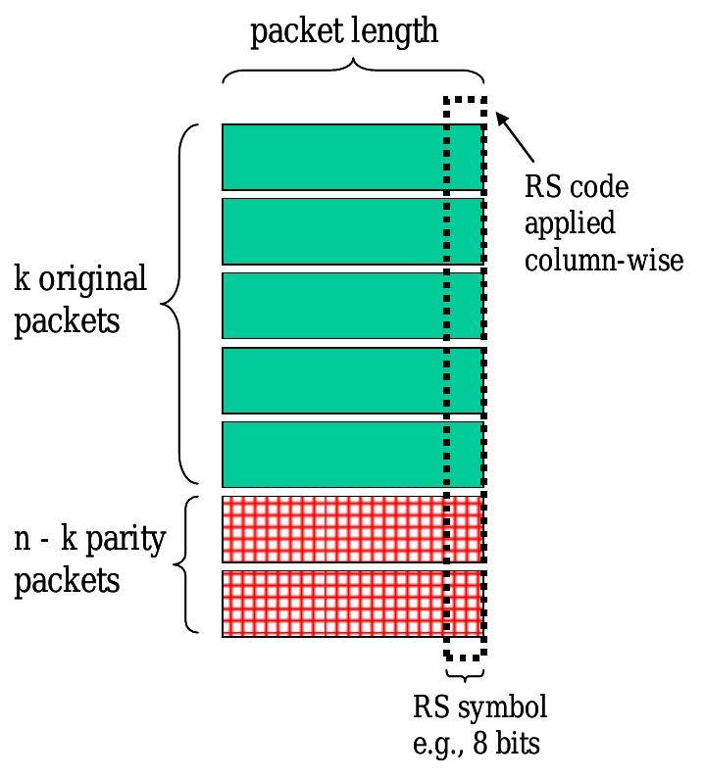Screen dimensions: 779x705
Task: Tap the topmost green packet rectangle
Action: [333, 157]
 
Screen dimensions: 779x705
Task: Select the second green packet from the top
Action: [333, 231]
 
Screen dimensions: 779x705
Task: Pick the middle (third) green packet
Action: [333, 305]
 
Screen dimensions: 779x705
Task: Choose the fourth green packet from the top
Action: [333, 379]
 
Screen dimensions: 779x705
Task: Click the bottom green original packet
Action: [333, 454]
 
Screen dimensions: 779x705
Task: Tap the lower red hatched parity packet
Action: [333, 604]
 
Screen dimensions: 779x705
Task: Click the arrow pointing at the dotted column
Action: [517, 138]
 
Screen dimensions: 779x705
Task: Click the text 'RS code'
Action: [577, 186]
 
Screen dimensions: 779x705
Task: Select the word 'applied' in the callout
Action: [570, 224]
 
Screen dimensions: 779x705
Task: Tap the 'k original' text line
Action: [80, 280]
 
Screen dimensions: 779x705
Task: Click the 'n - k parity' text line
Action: [90, 541]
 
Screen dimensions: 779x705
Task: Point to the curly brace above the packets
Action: [353, 73]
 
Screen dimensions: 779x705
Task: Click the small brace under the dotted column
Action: [465, 675]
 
